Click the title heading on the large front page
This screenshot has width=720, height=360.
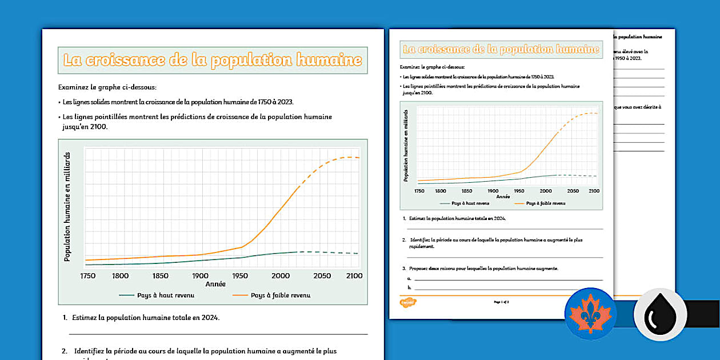212,60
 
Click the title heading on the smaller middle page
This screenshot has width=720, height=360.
501,50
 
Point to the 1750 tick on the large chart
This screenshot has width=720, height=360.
88,276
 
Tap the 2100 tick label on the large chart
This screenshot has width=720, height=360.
354,276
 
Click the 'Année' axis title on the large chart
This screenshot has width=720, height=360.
215,284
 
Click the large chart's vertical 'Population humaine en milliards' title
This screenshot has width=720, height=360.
67,207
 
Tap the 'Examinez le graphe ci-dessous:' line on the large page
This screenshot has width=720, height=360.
107,87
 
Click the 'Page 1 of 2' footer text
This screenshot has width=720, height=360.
501,301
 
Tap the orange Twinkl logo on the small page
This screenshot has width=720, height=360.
407,302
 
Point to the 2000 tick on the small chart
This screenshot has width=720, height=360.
546,191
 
